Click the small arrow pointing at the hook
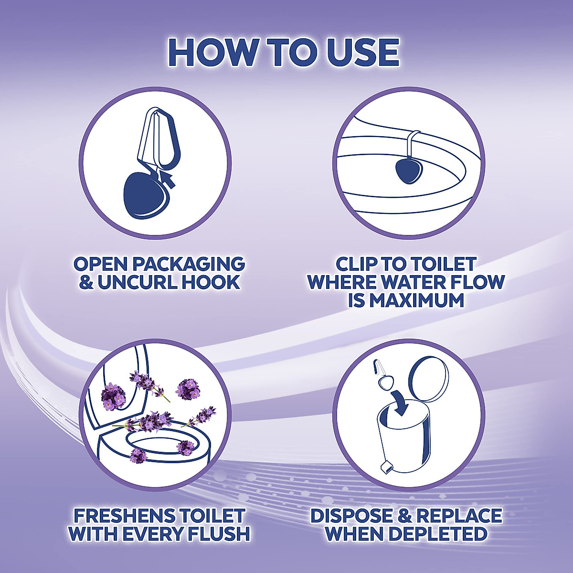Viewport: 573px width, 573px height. (167, 180)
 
